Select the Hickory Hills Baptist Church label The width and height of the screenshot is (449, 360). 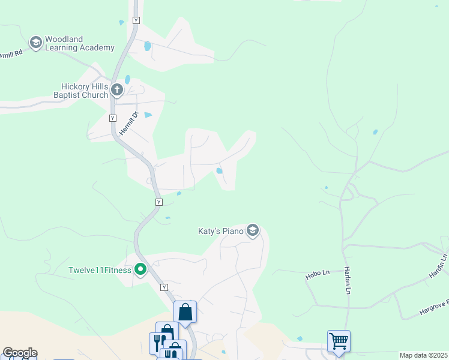point(81,91)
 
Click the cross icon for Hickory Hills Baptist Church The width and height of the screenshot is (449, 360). point(117,91)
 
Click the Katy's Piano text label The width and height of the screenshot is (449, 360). point(221,231)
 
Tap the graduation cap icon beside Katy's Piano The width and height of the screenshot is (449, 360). point(253,231)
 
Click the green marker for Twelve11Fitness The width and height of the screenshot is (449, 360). point(140,270)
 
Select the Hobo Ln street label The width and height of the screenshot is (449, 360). point(318,274)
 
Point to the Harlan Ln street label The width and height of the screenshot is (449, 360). point(347,280)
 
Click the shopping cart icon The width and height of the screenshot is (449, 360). point(339,341)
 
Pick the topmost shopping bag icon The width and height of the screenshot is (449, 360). point(185,312)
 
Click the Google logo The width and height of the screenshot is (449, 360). point(19,353)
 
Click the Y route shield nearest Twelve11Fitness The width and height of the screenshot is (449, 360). point(164,288)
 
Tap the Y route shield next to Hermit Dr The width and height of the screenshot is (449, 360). point(112,118)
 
